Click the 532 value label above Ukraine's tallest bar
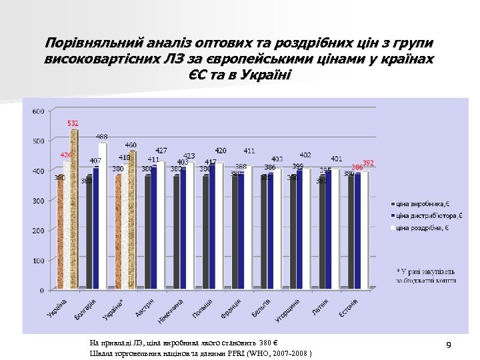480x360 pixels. [x=73, y=123]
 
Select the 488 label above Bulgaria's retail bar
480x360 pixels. [x=102, y=137]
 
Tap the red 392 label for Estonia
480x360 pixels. [x=368, y=163]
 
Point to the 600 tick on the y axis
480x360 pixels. [x=38, y=111]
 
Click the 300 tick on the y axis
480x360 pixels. [x=38, y=201]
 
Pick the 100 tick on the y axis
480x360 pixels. [x=38, y=261]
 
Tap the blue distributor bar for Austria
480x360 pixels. [x=155, y=227]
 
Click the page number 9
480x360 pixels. [x=449, y=345]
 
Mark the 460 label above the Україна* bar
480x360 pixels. [x=131, y=145]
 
